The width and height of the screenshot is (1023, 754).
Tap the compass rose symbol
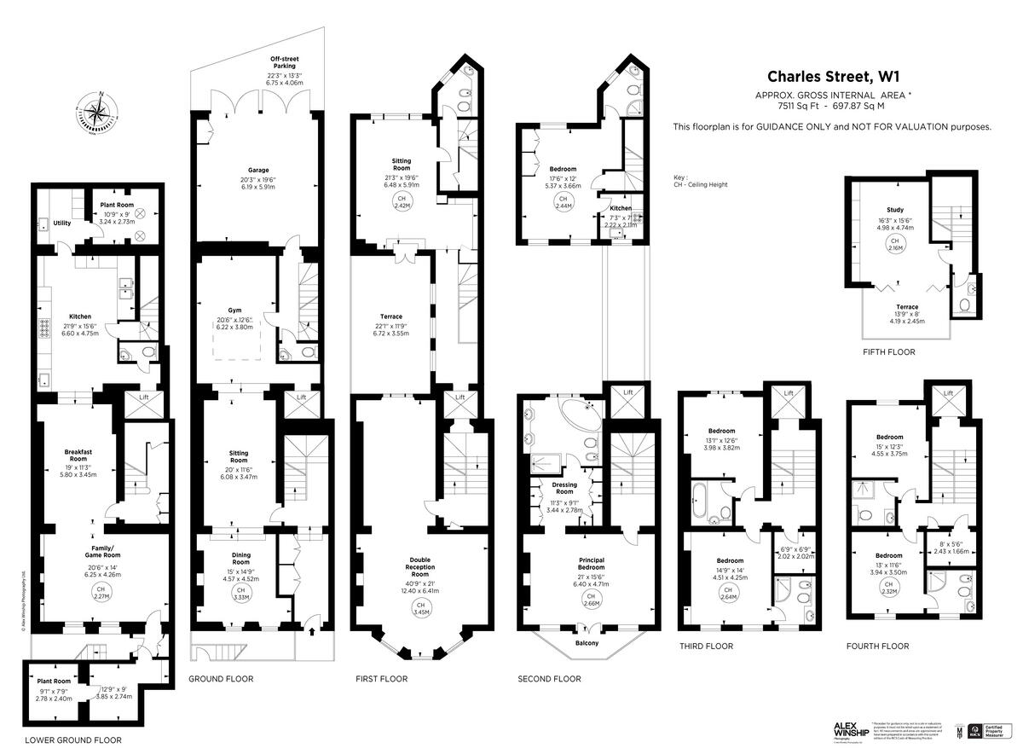101,111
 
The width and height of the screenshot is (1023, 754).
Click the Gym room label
235,310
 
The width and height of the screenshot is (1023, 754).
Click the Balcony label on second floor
587,643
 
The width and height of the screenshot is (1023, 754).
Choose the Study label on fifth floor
894,210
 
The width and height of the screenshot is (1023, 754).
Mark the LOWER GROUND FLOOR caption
72,740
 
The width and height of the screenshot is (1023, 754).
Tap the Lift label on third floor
789,393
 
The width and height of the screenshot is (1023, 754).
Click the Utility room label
61,223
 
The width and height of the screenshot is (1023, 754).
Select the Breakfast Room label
78,456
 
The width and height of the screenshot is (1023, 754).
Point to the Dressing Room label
564,488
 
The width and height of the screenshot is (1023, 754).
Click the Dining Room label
241,559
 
